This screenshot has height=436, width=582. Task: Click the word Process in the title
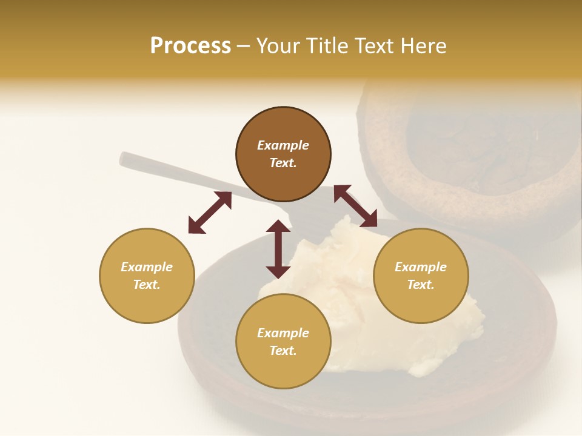pyautogui.click(x=190, y=46)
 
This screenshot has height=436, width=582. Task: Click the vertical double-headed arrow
pyautogui.click(x=278, y=249)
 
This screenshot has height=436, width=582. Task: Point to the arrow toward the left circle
pyautogui.click(x=210, y=213)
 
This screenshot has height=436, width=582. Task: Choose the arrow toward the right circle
pyautogui.click(x=355, y=206)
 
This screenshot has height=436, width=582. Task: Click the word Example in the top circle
pyautogui.click(x=283, y=145)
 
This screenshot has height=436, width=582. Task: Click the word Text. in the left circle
pyautogui.click(x=147, y=285)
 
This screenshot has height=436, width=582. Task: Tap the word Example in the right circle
pyautogui.click(x=421, y=267)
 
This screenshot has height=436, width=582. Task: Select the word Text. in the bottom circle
pyautogui.click(x=283, y=351)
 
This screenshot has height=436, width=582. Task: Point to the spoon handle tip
pyautogui.click(x=124, y=159)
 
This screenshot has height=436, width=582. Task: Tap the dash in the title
pyautogui.click(x=243, y=46)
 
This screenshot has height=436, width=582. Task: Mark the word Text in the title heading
pyautogui.click(x=370, y=46)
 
